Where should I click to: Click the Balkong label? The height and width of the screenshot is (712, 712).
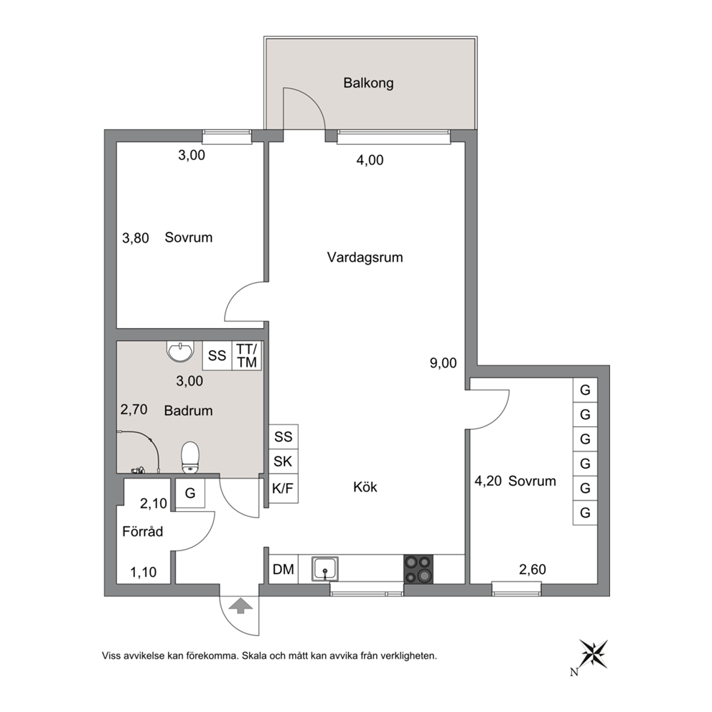click(x=368, y=83)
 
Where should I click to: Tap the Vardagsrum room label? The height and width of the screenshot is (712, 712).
click(x=365, y=258)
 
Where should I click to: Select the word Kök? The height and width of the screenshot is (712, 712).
click(x=365, y=487)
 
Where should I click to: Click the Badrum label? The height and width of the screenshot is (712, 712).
click(x=189, y=411)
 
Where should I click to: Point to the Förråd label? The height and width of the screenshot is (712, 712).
click(x=143, y=531)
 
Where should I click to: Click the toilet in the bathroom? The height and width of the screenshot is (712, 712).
click(x=190, y=457)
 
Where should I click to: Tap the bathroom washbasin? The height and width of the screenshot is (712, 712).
click(x=180, y=352)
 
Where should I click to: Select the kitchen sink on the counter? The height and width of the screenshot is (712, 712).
click(x=324, y=568)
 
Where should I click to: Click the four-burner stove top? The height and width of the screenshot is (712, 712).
click(x=418, y=569)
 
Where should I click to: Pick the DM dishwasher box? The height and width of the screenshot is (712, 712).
click(x=284, y=569)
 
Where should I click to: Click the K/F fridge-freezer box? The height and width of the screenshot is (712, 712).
click(x=284, y=489)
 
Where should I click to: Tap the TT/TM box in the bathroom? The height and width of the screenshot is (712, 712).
click(x=247, y=355)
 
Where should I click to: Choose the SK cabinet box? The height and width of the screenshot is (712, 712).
click(x=284, y=462)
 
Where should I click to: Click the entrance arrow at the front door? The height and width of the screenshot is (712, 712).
click(x=241, y=606)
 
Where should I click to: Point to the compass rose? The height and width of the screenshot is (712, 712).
click(x=593, y=653)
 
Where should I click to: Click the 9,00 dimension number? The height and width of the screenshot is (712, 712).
click(x=443, y=363)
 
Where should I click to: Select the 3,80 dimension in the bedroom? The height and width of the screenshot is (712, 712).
click(x=136, y=238)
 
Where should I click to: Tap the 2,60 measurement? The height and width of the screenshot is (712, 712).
click(x=532, y=569)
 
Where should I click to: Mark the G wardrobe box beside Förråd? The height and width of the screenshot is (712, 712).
click(x=189, y=493)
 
